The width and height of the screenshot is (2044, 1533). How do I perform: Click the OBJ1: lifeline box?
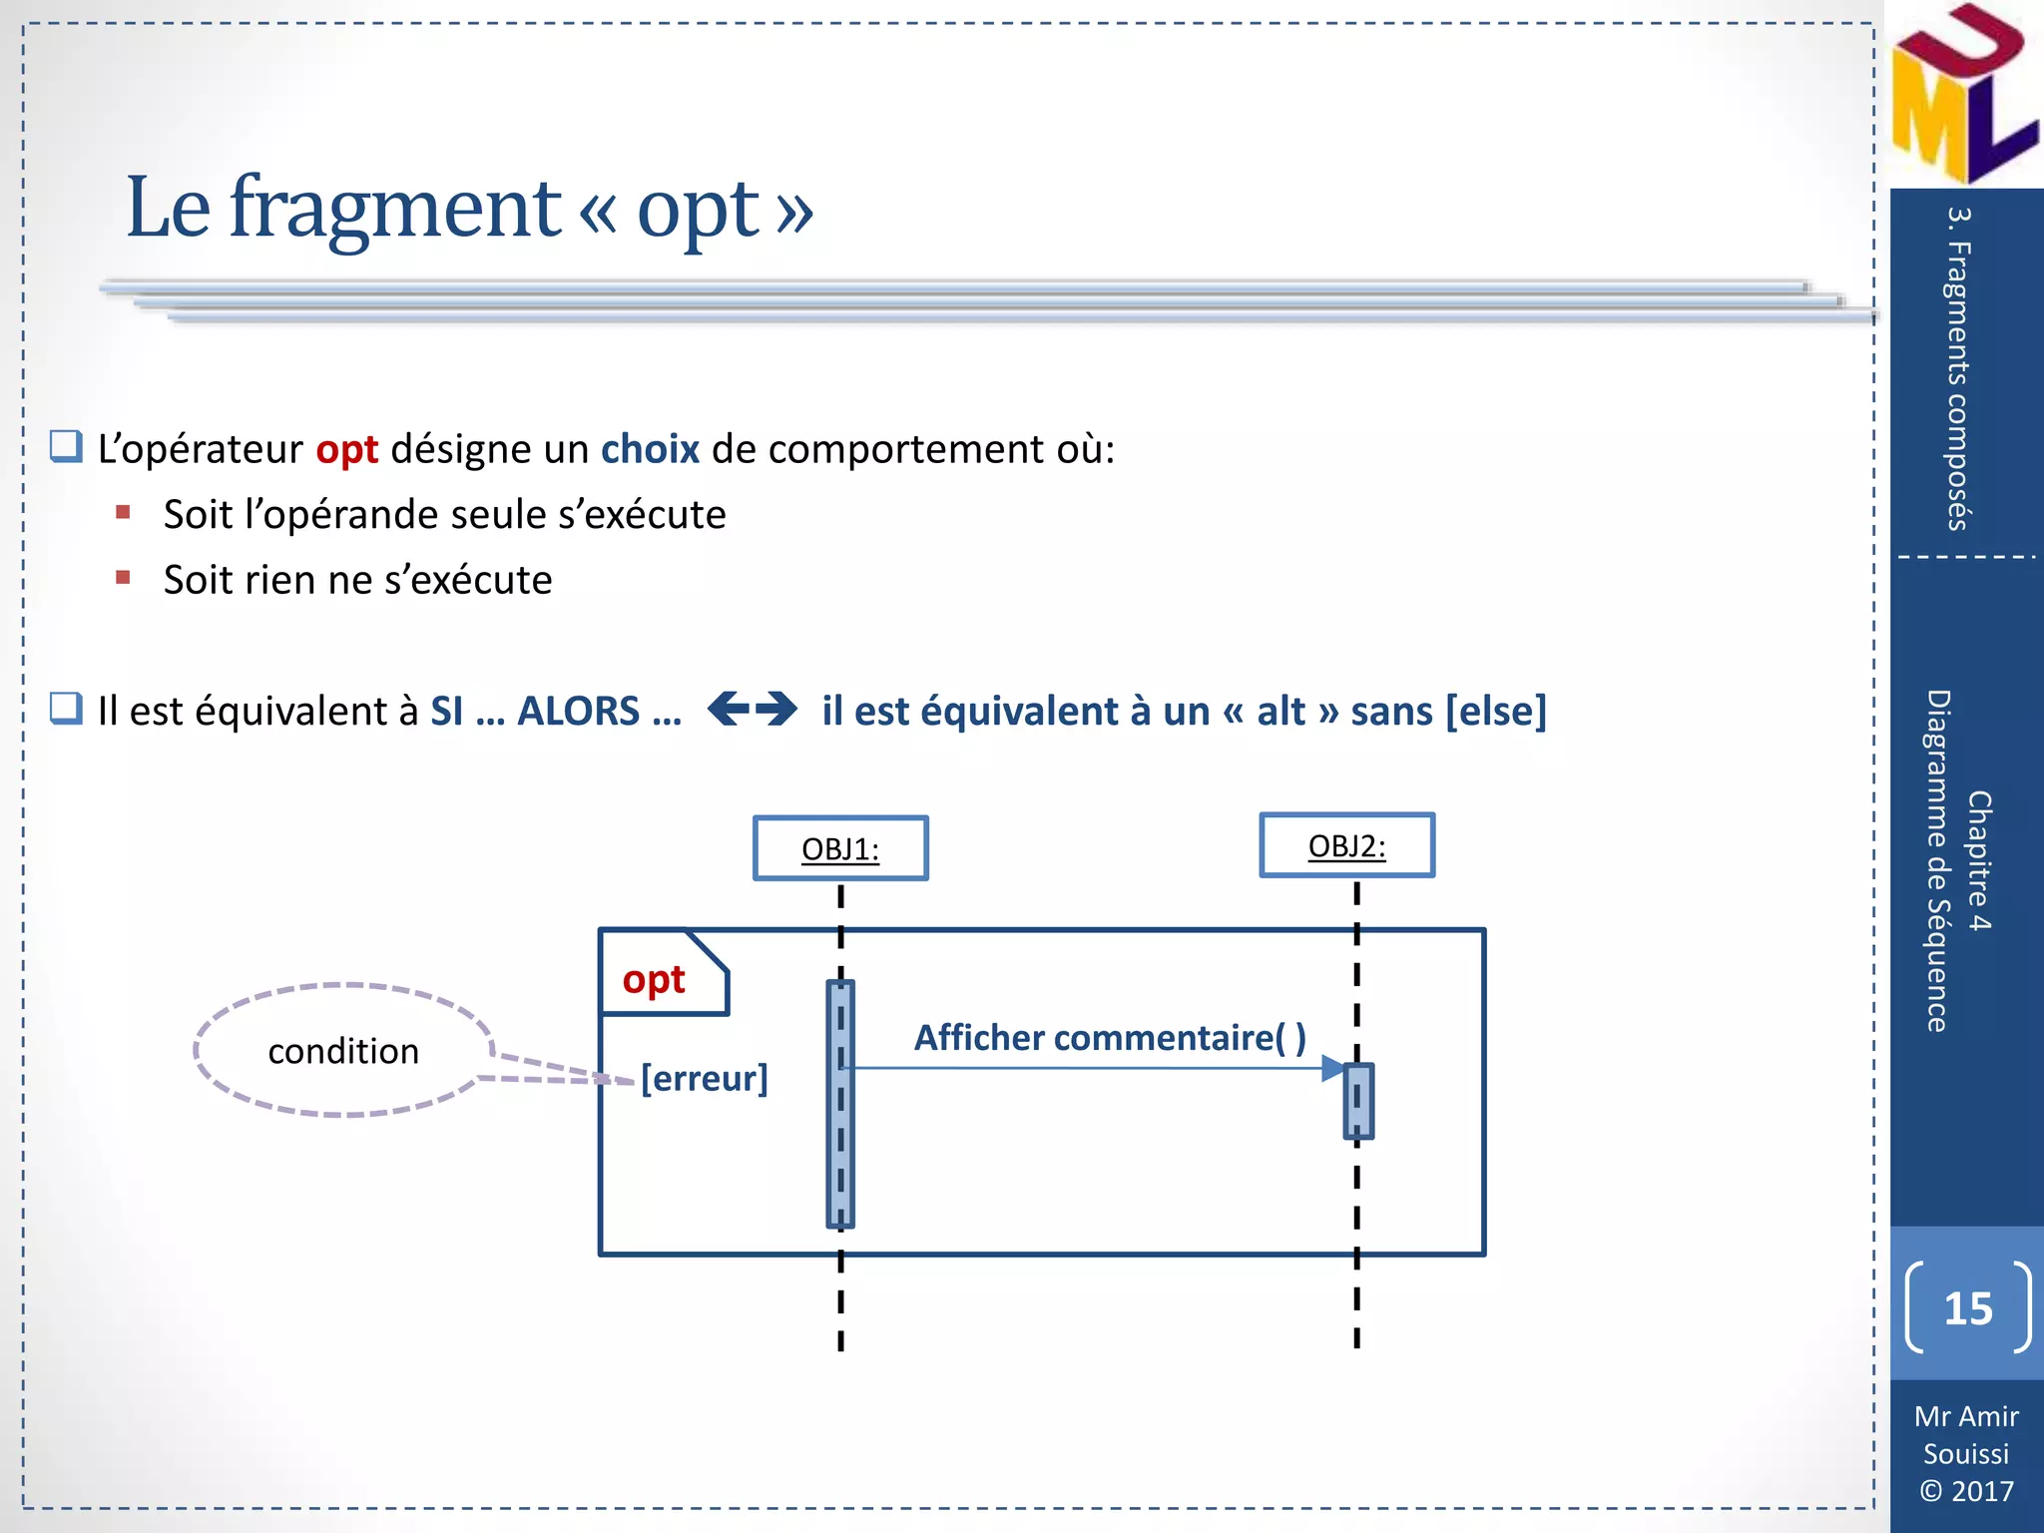[840, 848]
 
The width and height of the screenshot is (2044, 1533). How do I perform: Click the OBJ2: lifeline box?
[1346, 845]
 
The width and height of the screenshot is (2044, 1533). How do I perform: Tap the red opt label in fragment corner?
[654, 979]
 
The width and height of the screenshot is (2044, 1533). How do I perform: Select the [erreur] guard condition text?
[705, 1078]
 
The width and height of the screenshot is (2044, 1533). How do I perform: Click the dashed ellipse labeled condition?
[343, 1050]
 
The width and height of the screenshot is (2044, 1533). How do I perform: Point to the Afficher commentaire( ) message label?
[1110, 1037]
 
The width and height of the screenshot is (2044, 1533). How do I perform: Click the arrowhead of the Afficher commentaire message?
[1333, 1068]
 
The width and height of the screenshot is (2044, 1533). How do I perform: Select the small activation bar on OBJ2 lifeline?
[1358, 1102]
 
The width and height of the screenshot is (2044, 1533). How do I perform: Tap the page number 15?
[1967, 1308]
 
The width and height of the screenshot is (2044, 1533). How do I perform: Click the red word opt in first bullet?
[346, 450]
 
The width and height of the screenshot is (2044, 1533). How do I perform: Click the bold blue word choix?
[650, 449]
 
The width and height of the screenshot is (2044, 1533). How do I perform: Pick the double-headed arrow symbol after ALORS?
[752, 710]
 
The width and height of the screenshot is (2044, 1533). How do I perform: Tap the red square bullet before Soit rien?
[123, 578]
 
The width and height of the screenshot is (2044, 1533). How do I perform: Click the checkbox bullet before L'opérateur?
[67, 446]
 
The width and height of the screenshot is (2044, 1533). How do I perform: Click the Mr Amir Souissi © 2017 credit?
[1966, 1453]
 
